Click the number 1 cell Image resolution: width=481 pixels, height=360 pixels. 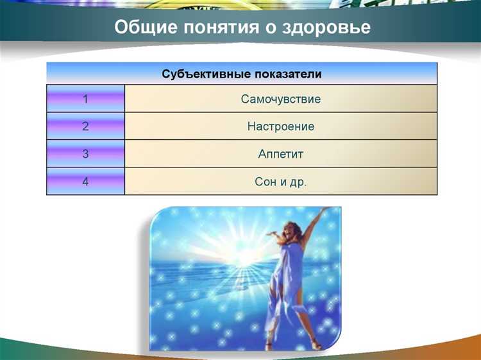(85, 99)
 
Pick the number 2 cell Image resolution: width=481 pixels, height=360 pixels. (85, 126)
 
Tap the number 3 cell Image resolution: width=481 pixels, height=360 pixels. (85, 154)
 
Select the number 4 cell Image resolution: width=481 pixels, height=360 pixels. (85, 182)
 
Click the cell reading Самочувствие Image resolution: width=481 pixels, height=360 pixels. (281, 99)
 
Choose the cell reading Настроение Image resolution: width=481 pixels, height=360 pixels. (281, 126)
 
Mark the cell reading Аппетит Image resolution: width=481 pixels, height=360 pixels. (281, 154)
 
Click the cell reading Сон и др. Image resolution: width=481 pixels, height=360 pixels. (281, 182)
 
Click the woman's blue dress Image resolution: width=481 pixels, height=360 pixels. (286, 276)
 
